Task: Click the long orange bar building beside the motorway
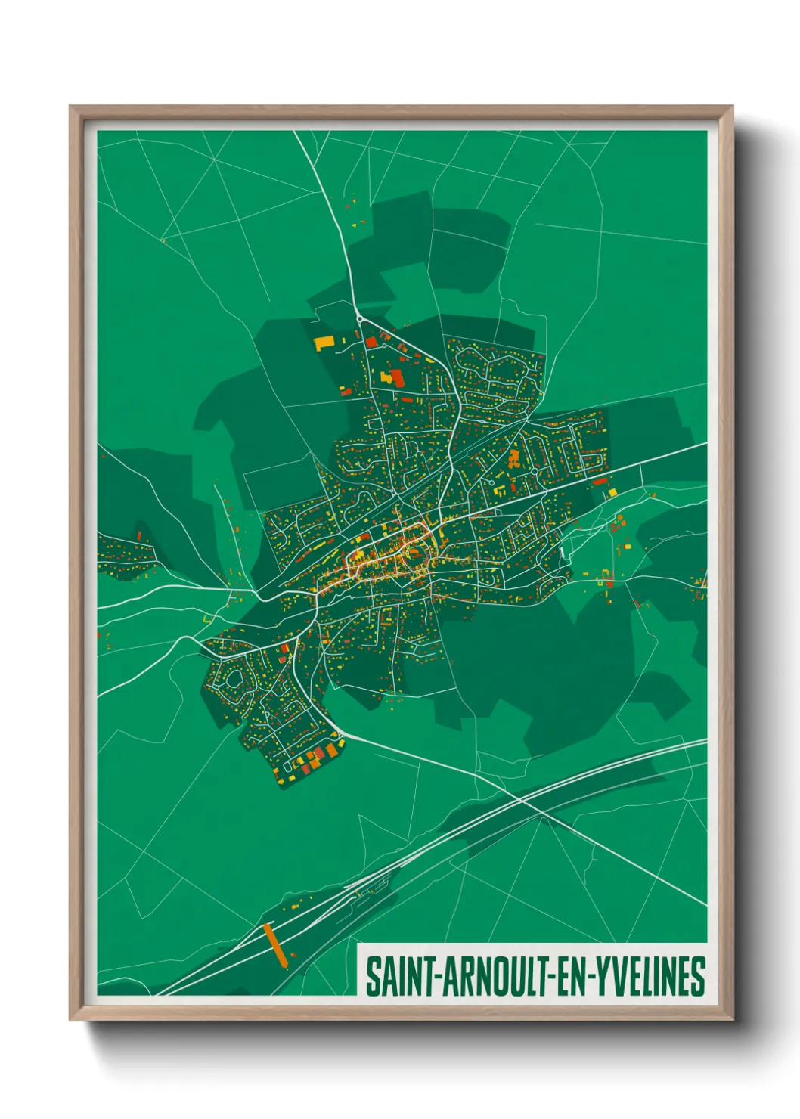276,945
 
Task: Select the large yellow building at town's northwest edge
324,342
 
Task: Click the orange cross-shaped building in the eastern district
515,458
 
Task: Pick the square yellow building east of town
612,493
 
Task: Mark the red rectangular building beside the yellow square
599,481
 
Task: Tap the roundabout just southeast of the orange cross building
534,472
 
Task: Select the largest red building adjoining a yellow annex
396,377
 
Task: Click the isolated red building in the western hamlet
139,535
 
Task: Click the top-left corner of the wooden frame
70,107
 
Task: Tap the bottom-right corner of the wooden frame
732,1020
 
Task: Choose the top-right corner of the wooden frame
732,107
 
